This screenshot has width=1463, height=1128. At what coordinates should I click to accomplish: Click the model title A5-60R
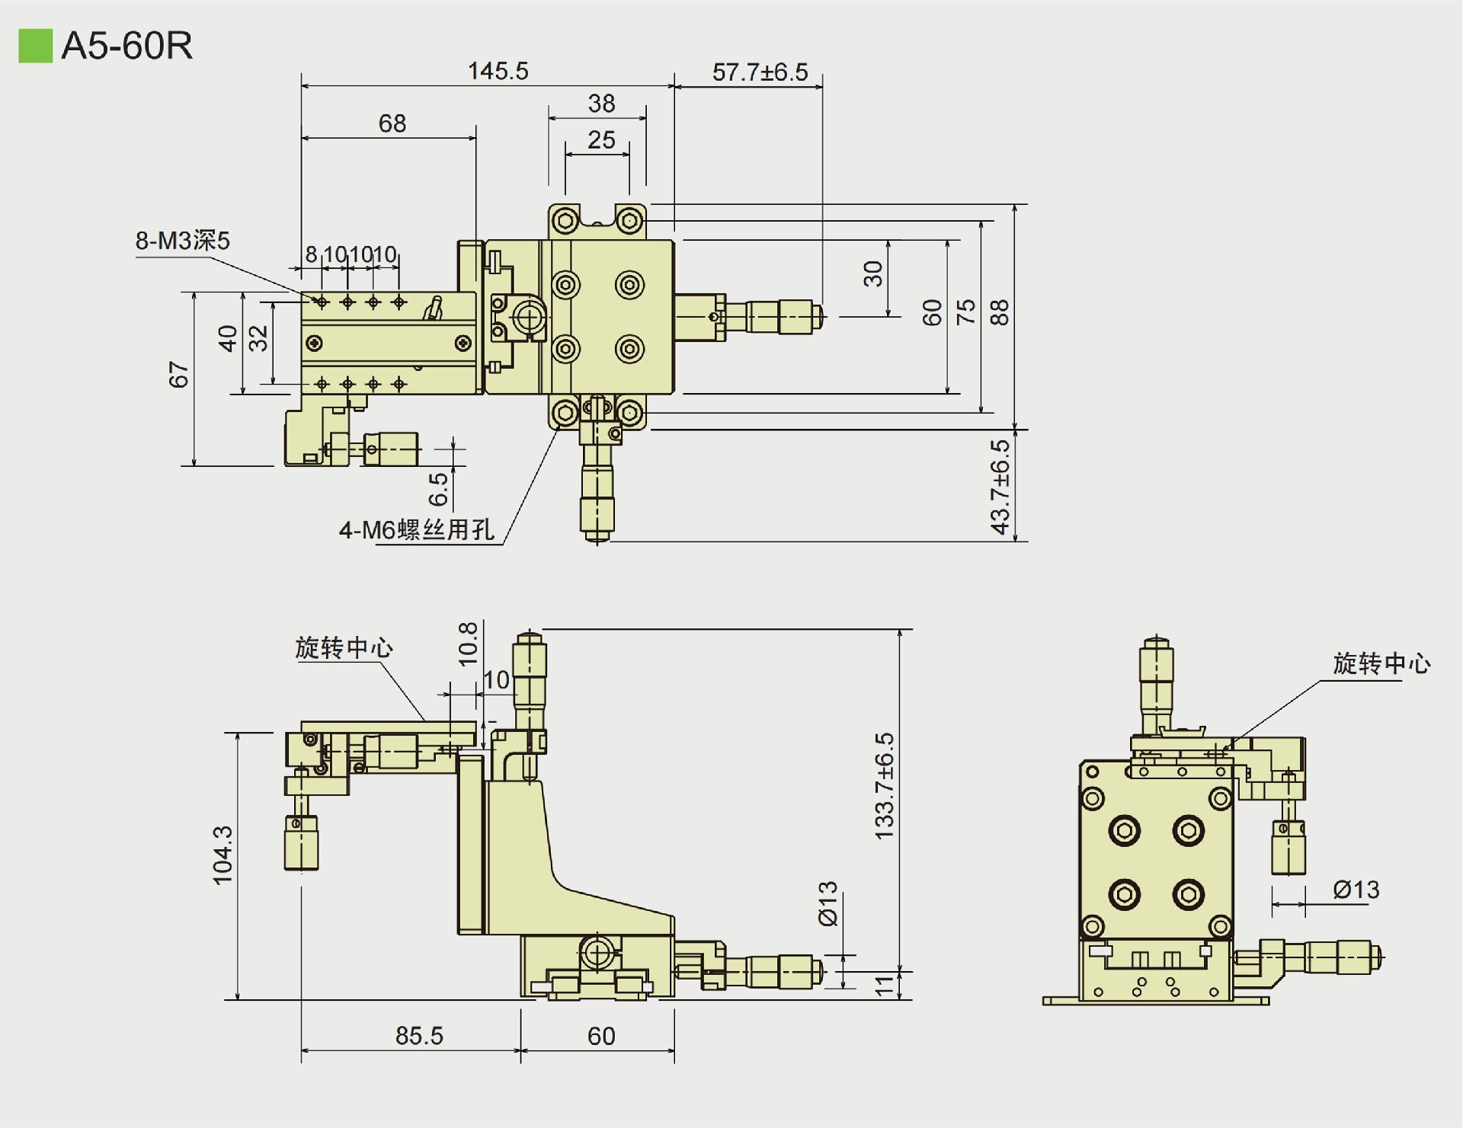click(126, 46)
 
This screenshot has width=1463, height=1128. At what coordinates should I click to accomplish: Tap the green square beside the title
click(35, 46)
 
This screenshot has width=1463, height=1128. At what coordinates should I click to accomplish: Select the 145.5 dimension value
click(498, 71)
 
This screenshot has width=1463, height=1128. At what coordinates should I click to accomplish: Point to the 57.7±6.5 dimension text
click(760, 72)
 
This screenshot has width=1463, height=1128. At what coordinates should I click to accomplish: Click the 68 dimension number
click(392, 123)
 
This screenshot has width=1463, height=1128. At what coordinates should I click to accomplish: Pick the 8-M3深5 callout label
click(183, 241)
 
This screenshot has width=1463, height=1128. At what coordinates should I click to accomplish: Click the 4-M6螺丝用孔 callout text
click(417, 529)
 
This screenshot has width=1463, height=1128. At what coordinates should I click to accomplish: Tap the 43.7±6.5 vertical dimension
click(1000, 487)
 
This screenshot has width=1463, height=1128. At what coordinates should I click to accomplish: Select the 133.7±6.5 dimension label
click(884, 787)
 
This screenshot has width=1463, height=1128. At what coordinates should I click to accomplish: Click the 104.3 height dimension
click(222, 855)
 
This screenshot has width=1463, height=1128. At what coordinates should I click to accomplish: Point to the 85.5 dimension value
click(419, 1035)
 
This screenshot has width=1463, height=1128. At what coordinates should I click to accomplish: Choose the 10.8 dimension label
click(468, 644)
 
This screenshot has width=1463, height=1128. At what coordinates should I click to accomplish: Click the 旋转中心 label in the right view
click(1381, 663)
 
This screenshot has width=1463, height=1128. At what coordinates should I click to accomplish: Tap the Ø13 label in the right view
click(1356, 889)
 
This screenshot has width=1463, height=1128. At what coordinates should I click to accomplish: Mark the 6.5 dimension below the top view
click(438, 490)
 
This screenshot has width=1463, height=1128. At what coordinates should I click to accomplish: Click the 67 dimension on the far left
click(178, 375)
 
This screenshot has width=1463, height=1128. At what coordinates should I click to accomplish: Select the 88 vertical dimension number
click(999, 312)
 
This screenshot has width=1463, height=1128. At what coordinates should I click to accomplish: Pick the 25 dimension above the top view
click(601, 140)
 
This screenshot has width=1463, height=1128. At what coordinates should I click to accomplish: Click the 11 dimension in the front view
click(884, 986)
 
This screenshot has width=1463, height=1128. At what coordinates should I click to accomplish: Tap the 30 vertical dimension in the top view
click(873, 273)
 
